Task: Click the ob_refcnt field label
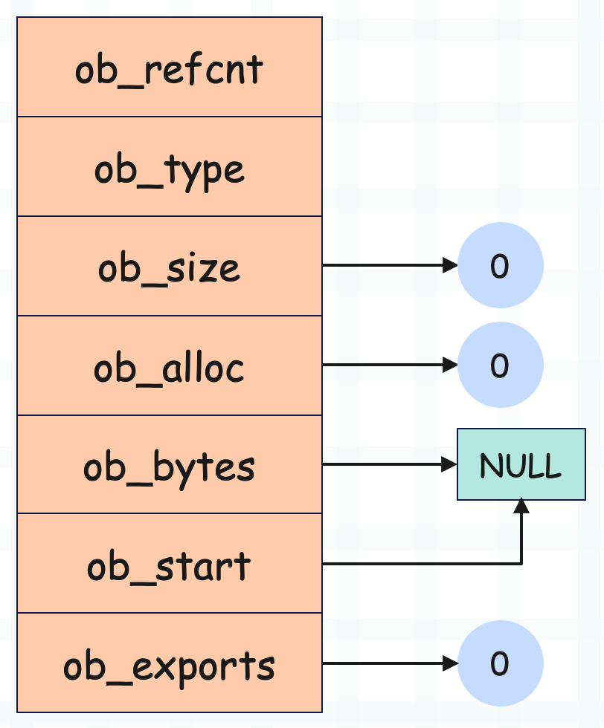pos(170,71)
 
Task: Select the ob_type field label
pos(170,172)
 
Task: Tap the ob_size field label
pos(170,269)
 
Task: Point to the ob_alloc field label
pos(170,368)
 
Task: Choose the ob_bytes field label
pos(170,468)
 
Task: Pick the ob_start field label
pos(170,566)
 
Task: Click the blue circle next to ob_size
pos(501,265)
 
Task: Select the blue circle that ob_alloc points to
pos(501,365)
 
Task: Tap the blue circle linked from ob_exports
pos(501,663)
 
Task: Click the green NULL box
pos(521,464)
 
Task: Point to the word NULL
pos(520,465)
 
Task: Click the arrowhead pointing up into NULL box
pos(521,506)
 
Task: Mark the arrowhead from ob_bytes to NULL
pos(449,464)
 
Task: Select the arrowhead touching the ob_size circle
pos(450,265)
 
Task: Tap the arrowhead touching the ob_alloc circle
pos(450,365)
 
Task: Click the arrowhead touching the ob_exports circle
pos(450,663)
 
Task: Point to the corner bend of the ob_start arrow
pos(521,564)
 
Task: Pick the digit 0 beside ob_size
pos(500,267)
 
